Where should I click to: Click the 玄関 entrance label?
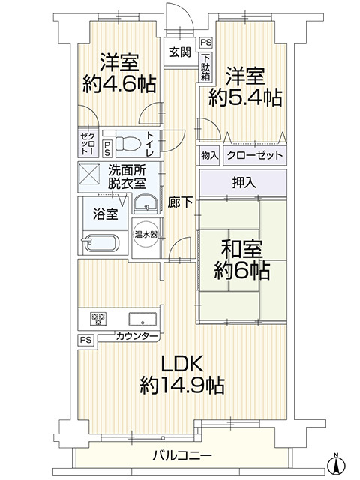(180, 52)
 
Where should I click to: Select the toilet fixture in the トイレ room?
(128, 143)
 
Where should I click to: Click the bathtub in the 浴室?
(100, 243)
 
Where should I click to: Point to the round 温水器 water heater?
(146, 235)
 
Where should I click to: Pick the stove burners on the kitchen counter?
(98, 319)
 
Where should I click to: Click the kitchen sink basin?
(142, 319)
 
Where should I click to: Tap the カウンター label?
(136, 337)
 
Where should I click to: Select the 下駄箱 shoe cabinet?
(205, 67)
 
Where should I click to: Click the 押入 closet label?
(244, 183)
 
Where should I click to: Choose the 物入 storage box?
(209, 155)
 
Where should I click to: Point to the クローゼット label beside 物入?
(255, 155)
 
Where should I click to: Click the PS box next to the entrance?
(206, 43)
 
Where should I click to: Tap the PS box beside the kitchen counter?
(86, 340)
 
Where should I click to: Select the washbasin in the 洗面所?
(145, 203)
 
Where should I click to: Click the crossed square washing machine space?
(89, 174)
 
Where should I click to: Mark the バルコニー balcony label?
(182, 456)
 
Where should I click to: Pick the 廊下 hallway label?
(180, 202)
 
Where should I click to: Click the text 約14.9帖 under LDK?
(182, 385)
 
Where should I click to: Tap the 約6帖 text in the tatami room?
(241, 271)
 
